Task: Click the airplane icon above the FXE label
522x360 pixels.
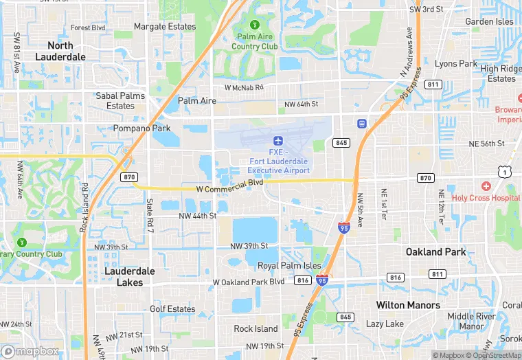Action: click(278, 141)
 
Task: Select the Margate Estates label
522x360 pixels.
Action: click(165, 27)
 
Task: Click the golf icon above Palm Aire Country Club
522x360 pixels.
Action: click(255, 25)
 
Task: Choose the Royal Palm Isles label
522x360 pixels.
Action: click(289, 265)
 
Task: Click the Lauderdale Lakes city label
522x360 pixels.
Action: click(130, 276)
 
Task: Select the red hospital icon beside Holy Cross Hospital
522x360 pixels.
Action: click(486, 186)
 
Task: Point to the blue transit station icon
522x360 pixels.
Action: click(361, 124)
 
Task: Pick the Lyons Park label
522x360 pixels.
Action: click(456, 64)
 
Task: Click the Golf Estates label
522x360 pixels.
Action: click(172, 309)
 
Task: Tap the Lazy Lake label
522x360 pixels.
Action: click(385, 324)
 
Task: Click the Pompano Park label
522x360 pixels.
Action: click(141, 128)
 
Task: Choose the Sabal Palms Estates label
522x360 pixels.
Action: click(120, 101)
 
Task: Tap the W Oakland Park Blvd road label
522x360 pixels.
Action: click(249, 282)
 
